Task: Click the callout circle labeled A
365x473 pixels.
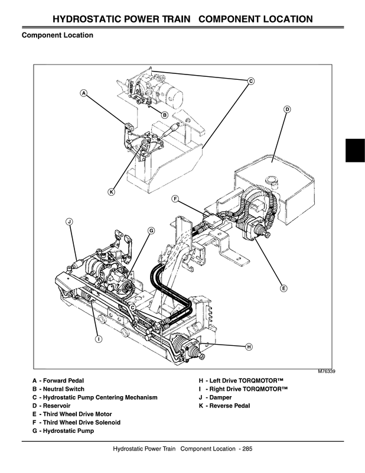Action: tap(84, 93)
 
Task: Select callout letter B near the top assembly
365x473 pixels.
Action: tap(165, 114)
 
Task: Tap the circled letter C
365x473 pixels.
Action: tap(250, 80)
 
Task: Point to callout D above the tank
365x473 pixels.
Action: tap(286, 109)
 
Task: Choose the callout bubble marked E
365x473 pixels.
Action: tap(283, 288)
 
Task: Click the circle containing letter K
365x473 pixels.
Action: tap(111, 191)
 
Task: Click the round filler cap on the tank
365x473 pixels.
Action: tap(272, 180)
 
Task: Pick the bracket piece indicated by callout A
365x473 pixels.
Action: tap(128, 125)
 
